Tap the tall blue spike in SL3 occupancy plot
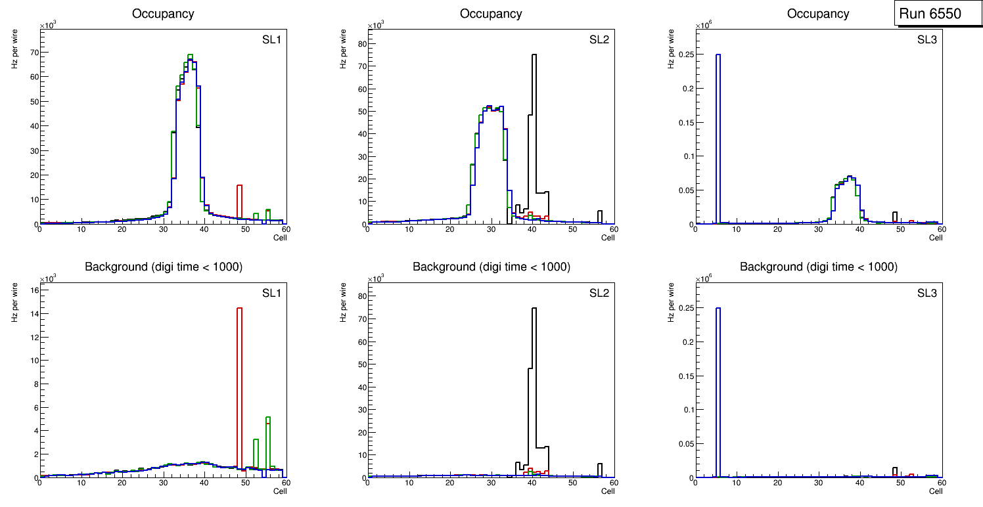tap(718, 138)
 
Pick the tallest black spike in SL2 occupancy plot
tap(534, 131)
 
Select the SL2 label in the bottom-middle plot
tap(599, 293)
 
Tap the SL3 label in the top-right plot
tap(927, 40)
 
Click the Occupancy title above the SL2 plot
tap(491, 14)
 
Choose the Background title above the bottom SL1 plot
tap(163, 267)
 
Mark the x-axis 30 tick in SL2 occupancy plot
tap(491, 229)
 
